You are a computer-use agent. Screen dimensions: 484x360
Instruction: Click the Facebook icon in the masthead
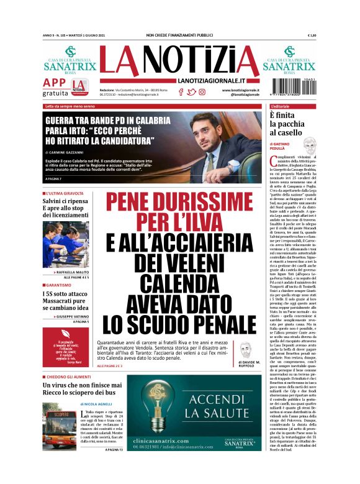point(181,92)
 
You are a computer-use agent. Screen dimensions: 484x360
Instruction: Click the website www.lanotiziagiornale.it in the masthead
point(241,89)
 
